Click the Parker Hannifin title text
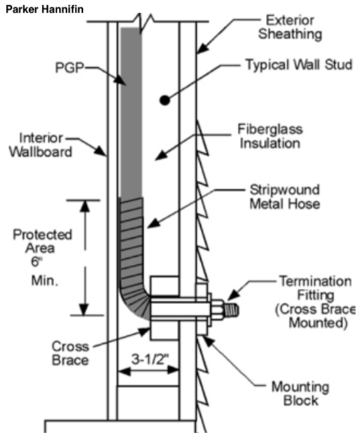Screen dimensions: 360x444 coord(44,9)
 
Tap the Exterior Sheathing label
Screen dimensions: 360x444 coord(290,27)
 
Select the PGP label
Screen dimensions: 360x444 coord(70,68)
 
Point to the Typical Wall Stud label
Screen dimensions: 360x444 coord(299,64)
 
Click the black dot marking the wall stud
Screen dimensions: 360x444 coord(164,100)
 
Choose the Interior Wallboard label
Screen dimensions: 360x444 coord(40,145)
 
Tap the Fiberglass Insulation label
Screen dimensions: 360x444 coord(270,136)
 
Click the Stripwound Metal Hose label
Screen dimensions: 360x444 coord(285,197)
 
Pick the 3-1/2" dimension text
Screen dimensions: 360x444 coord(150,359)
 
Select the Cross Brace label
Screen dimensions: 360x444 coord(70,353)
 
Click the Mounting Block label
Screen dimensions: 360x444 coord(300,394)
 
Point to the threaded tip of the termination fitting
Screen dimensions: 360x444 coord(231,310)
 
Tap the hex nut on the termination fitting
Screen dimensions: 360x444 coord(217,311)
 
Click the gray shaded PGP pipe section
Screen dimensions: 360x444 coord(131,112)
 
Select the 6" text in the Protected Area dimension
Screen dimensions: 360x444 coord(36,261)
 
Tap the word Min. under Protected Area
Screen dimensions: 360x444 coord(44,281)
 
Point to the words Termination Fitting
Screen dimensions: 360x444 coord(316,288)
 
